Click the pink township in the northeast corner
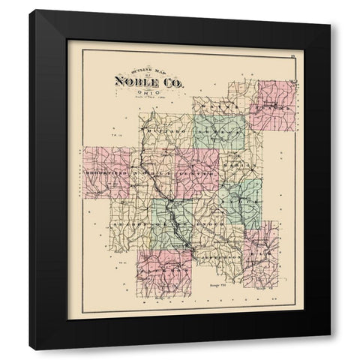[x=276, y=101]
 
